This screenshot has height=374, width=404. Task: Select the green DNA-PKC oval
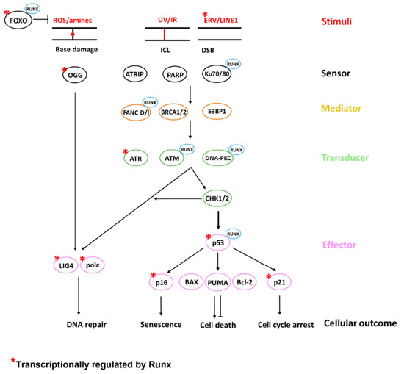coord(220,157)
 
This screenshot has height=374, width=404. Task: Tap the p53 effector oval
coord(218,241)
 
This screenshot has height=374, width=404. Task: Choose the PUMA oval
coord(218,281)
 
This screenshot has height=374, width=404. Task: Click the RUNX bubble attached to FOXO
coord(33,9)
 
